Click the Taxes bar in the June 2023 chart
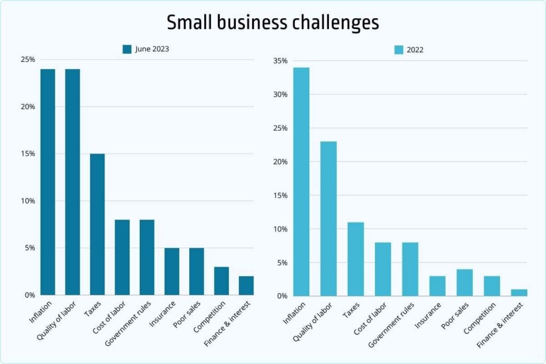pos(98,224)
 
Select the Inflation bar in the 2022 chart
pos(301,181)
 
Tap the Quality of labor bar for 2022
pos(328,219)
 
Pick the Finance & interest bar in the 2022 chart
pos(519,293)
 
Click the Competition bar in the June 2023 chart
pos(221,281)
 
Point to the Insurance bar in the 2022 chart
pos(437,286)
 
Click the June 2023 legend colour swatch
pos(127,49)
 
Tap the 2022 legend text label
pos(415,50)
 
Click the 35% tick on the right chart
pos(279,61)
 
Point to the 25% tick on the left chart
pos(27,59)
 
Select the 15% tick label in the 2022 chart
pos(279,196)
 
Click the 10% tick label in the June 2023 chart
pos(27,201)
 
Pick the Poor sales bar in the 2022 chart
pos(464,282)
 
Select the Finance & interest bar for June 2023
pos(246,286)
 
